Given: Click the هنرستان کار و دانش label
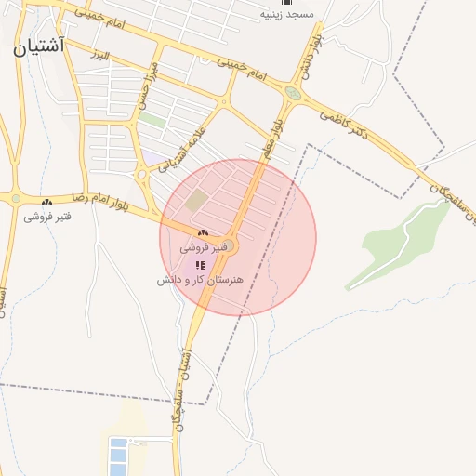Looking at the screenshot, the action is pyautogui.click(x=200, y=279).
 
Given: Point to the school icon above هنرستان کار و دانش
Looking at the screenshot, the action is pyautogui.click(x=200, y=265).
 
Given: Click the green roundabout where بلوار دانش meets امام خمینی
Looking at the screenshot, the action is pyautogui.click(x=294, y=94).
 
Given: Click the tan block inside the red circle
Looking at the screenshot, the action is pyautogui.click(x=195, y=200).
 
